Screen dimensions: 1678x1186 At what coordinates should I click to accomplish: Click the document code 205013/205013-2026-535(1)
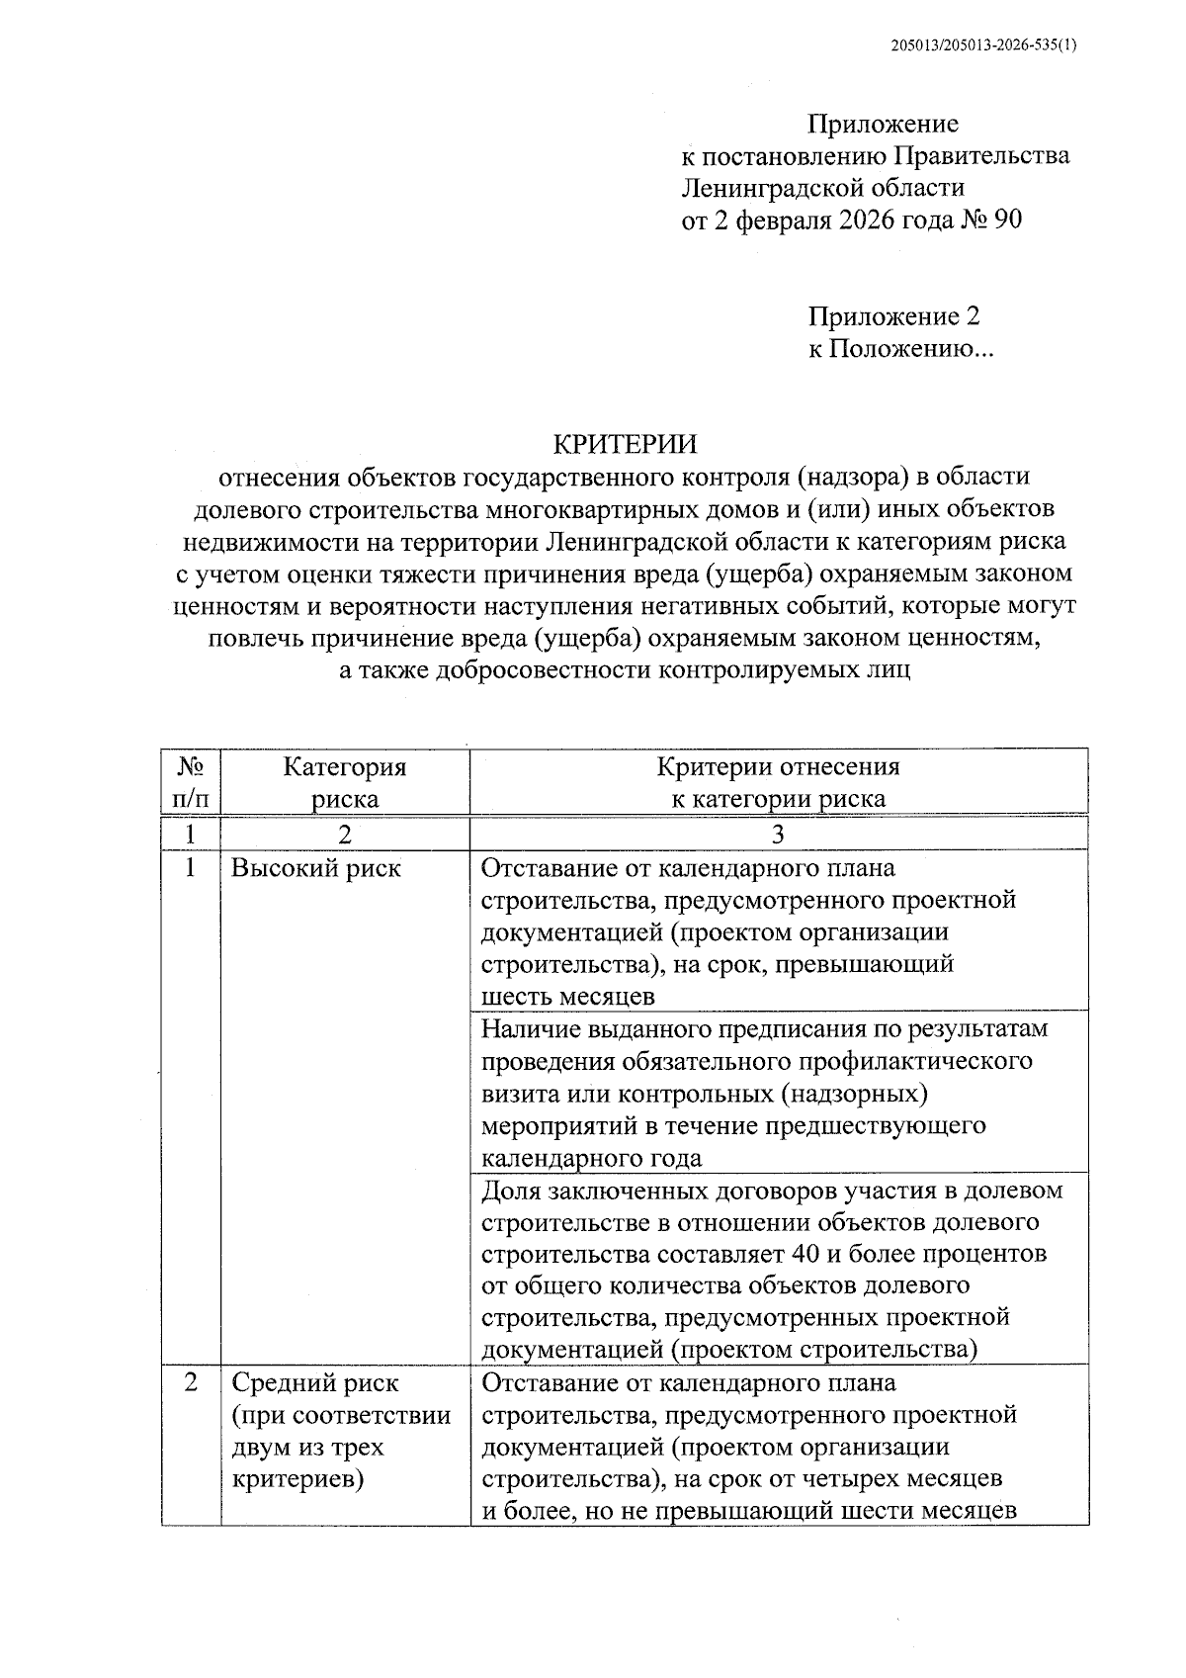(x=982, y=45)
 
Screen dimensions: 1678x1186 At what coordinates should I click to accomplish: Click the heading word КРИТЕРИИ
(x=624, y=444)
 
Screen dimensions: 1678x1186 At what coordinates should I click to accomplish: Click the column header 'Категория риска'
(x=344, y=782)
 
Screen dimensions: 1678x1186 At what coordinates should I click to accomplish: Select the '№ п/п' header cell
(x=191, y=782)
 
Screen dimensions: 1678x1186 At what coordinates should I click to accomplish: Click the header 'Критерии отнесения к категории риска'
(x=778, y=782)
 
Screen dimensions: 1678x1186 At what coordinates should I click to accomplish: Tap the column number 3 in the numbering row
(x=778, y=835)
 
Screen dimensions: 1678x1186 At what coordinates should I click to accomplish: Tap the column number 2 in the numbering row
(x=344, y=835)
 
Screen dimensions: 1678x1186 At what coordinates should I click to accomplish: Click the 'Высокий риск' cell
(x=316, y=869)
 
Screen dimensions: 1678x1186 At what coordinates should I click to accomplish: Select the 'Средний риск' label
(x=315, y=1383)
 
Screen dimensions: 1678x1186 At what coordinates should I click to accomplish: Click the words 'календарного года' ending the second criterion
(x=591, y=1158)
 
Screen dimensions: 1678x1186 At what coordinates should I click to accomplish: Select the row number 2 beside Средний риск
(x=191, y=1382)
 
